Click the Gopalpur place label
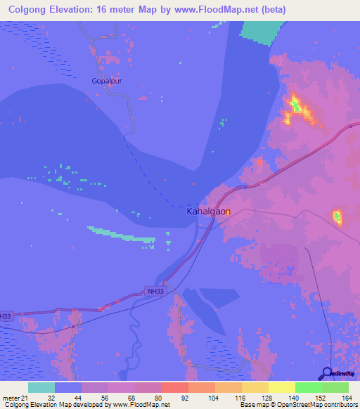(x=107, y=81)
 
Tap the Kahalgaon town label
(x=208, y=211)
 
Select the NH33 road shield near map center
(x=155, y=291)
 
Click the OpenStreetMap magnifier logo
(x=327, y=373)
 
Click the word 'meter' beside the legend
(x=11, y=397)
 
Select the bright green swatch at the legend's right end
(x=335, y=387)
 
